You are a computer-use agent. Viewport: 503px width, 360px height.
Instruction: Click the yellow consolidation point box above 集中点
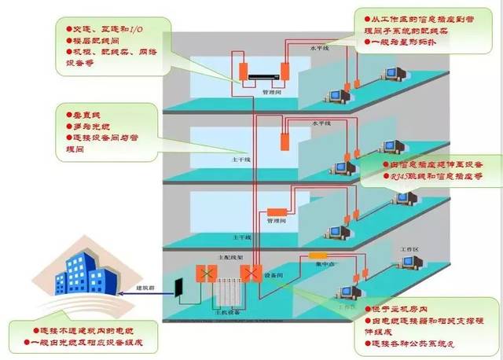[x=318, y=255]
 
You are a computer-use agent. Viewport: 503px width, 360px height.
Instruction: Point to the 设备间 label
[x=274, y=275]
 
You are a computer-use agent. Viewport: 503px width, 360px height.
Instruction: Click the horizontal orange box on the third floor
[x=279, y=211]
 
